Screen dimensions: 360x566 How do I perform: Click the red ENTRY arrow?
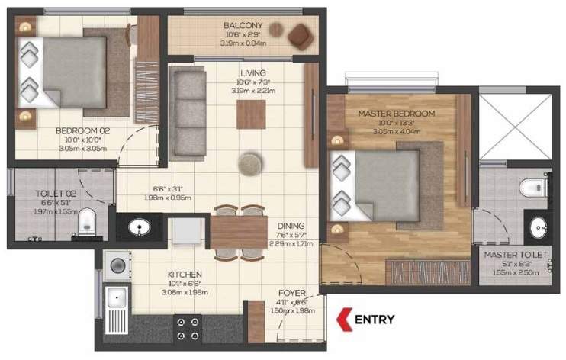[x=343, y=319]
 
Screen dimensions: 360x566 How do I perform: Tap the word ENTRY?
[x=375, y=319]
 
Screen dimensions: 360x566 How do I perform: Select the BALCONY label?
[x=243, y=26]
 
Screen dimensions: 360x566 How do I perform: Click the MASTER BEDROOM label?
[x=397, y=114]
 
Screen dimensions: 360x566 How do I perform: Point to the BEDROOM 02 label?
[x=83, y=131]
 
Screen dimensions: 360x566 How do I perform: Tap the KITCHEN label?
[x=185, y=274]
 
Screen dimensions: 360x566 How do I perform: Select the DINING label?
[x=291, y=226]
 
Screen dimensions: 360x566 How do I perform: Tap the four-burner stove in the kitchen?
[x=187, y=328]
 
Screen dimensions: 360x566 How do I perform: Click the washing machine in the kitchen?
[x=118, y=265]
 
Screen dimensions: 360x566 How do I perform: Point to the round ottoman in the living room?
[x=249, y=162]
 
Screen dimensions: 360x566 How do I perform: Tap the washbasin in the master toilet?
[x=539, y=227]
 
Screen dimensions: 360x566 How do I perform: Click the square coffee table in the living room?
[x=250, y=115]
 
